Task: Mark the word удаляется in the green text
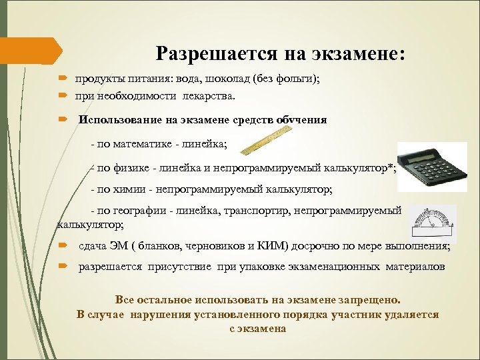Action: click(411, 314)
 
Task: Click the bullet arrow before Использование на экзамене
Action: click(61, 120)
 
